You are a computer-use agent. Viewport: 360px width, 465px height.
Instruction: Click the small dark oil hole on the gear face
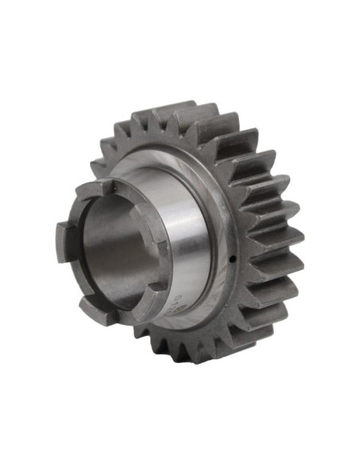(231, 257)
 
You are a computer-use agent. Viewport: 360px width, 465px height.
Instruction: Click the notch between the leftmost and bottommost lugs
(73, 279)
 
